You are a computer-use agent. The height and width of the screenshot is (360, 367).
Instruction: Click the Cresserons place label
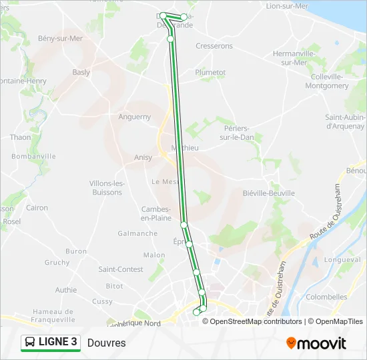click(214, 46)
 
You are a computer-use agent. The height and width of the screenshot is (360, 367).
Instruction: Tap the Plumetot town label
click(210, 72)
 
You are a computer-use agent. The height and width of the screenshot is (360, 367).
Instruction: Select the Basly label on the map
click(81, 72)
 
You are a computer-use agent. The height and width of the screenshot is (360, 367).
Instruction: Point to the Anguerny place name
click(135, 117)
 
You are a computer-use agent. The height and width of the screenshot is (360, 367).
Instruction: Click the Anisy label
click(143, 158)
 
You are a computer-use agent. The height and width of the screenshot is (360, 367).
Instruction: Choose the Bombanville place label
click(33, 156)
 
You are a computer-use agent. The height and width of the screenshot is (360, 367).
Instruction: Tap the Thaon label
click(21, 137)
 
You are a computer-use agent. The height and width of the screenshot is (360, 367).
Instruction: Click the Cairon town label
click(37, 208)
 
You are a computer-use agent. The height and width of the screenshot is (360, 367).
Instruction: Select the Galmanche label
click(137, 233)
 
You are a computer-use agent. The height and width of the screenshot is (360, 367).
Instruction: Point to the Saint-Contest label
click(121, 269)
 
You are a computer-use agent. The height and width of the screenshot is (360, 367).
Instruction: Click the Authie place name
click(66, 290)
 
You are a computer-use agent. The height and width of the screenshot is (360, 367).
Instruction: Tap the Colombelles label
click(327, 297)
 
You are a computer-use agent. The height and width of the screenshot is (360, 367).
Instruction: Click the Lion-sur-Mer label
click(288, 6)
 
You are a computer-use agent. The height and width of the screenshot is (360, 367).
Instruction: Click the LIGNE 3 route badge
click(51, 343)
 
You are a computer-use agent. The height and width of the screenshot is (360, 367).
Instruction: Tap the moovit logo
click(316, 343)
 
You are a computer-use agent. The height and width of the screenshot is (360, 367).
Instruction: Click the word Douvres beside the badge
click(106, 343)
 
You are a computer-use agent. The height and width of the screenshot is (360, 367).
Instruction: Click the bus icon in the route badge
click(31, 343)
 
